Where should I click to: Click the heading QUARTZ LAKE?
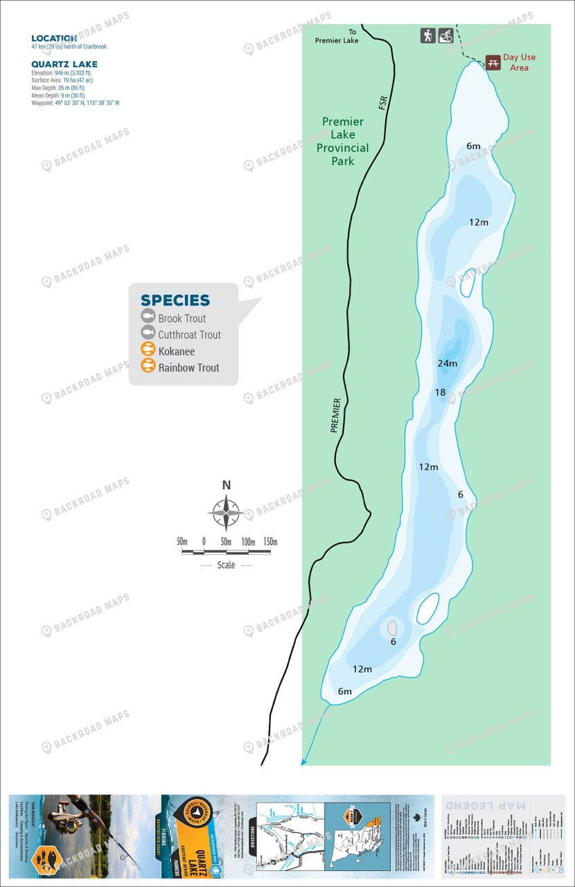tap(64, 64)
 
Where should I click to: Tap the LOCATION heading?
tap(53, 39)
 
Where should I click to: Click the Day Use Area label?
tap(519, 62)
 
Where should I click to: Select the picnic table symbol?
tap(493, 62)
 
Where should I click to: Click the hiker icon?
tap(427, 35)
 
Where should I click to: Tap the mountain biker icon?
tap(445, 35)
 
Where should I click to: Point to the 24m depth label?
tap(448, 363)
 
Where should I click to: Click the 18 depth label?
tap(440, 392)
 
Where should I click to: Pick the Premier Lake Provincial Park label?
tap(342, 141)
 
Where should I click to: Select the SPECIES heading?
tap(175, 300)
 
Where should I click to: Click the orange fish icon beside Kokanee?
tap(148, 351)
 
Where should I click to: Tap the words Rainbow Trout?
tap(188, 367)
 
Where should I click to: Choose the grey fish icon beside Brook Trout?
tap(148, 317)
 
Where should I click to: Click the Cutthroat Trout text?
tap(189, 335)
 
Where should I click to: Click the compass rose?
tap(226, 514)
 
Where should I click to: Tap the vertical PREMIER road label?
tap(336, 415)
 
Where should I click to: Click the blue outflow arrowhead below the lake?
tap(303, 762)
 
